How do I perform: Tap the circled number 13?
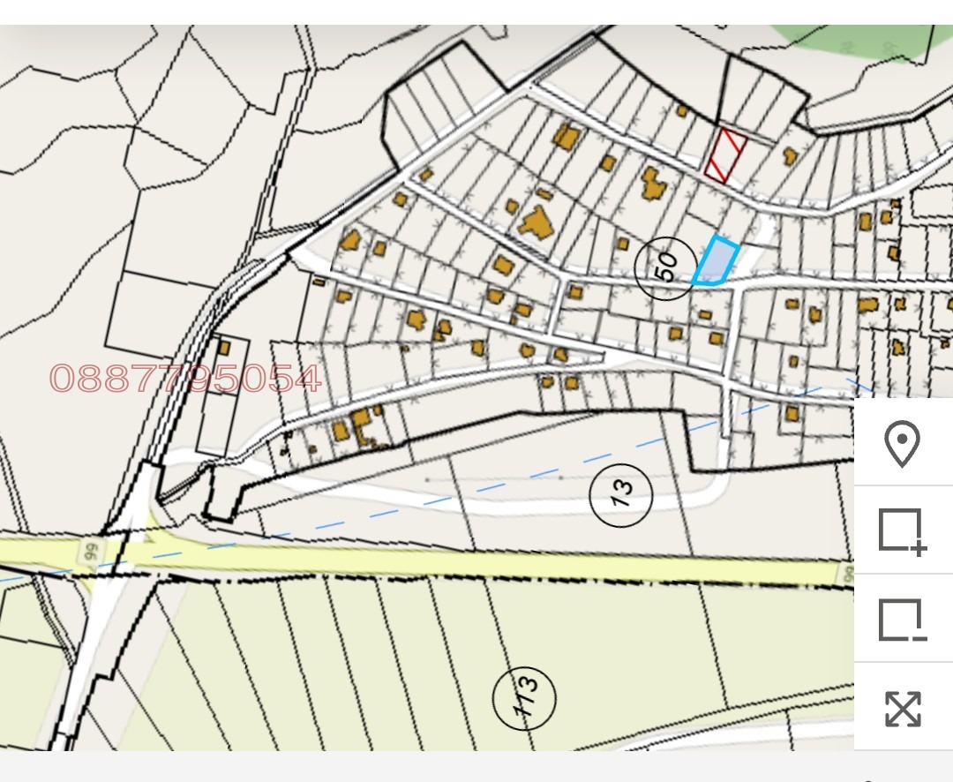[x=621, y=492]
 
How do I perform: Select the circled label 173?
[x=525, y=699]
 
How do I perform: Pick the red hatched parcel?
[x=726, y=155]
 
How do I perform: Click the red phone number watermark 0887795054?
[x=185, y=379]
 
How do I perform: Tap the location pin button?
[x=903, y=443]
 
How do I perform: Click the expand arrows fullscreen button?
[x=903, y=708]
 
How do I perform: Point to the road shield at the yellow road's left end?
[x=89, y=551]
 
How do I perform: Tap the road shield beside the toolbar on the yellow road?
[x=848, y=574]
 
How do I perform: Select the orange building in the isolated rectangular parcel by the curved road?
[x=223, y=348]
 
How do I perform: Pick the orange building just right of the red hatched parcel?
[x=790, y=156]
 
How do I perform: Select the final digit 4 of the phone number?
[x=306, y=379]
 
